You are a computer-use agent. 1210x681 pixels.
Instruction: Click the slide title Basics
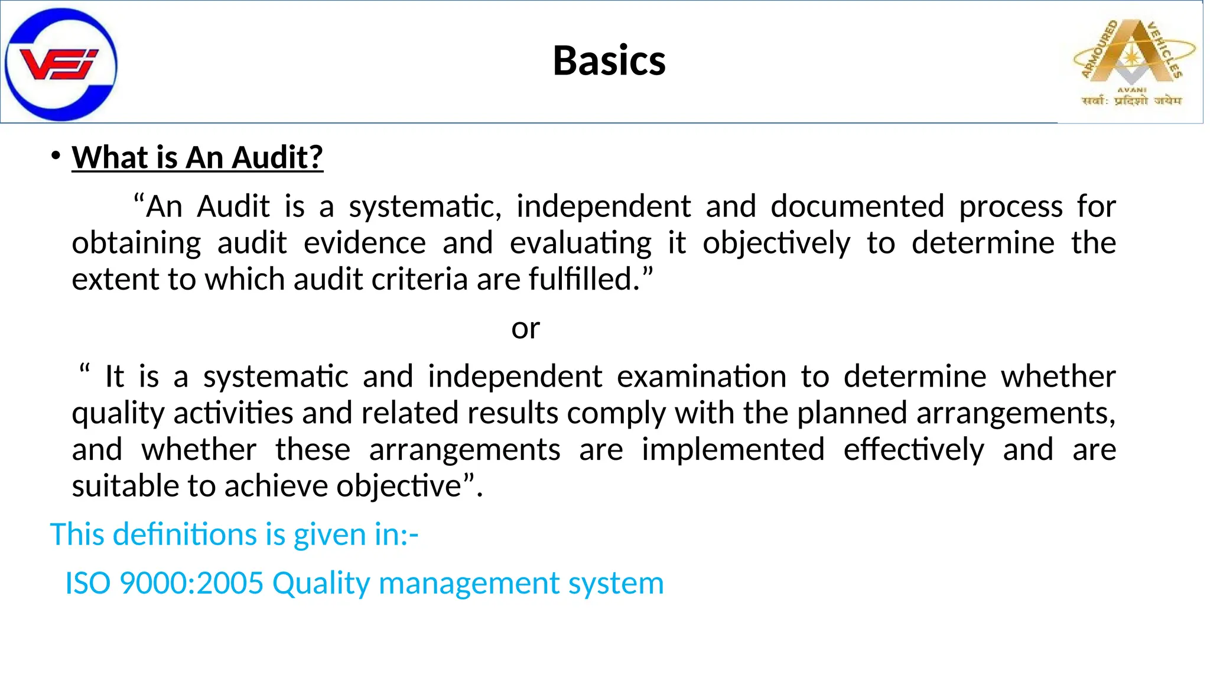click(x=609, y=61)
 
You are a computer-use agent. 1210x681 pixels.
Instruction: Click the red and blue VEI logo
click(x=60, y=64)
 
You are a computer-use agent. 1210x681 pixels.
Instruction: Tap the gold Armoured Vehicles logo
click(x=1134, y=62)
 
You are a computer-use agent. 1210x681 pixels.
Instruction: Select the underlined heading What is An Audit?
click(x=197, y=158)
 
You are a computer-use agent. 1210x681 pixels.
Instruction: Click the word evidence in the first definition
click(x=365, y=244)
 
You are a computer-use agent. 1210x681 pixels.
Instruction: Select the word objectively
click(x=776, y=244)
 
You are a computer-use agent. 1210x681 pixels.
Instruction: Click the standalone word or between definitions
click(x=525, y=329)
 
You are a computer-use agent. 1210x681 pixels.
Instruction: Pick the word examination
click(x=701, y=377)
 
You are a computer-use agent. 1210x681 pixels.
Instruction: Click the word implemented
click(x=733, y=450)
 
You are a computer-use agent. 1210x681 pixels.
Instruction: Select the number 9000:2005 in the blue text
click(x=191, y=583)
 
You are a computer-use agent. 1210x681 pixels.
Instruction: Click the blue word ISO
click(x=87, y=583)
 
